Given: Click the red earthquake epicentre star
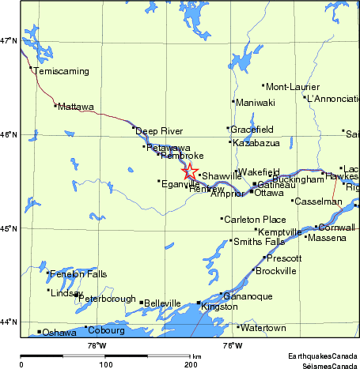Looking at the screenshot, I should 190,171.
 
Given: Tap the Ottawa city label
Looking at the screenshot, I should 269,193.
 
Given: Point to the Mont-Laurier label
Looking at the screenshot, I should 286,87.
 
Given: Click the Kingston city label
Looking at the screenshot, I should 219,306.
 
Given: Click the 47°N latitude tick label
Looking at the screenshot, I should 9,40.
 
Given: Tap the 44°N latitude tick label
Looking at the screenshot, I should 9,322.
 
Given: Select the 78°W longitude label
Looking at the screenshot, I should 97,345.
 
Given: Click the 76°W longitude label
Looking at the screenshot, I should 232,345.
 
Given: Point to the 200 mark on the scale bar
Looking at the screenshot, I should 191,364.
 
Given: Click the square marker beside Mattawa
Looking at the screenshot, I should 55,105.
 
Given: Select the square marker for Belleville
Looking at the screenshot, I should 142,302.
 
